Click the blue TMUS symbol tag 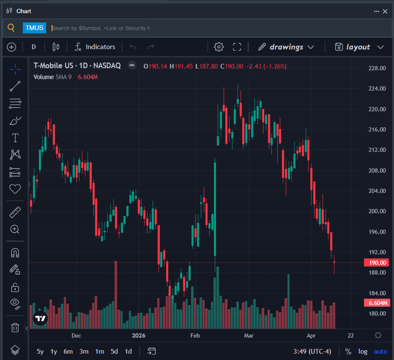tap(34, 28)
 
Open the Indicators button tap(95, 47)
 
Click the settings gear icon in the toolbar tap(219, 47)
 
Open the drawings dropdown tap(286, 47)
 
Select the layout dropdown tap(359, 47)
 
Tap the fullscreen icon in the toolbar tap(237, 47)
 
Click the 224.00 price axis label tap(377, 88)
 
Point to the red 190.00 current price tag tap(377, 262)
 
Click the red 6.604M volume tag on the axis tap(377, 302)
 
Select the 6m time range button tap(68, 351)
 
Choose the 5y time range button tap(40, 351)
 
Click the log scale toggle tap(363, 351)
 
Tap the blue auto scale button tap(381, 351)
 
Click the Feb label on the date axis tap(195, 335)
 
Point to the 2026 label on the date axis tap(139, 335)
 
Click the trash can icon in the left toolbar tap(15, 327)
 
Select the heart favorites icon tap(15, 188)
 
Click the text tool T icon tap(15, 138)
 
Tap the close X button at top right tap(385, 11)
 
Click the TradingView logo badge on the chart tap(40, 318)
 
